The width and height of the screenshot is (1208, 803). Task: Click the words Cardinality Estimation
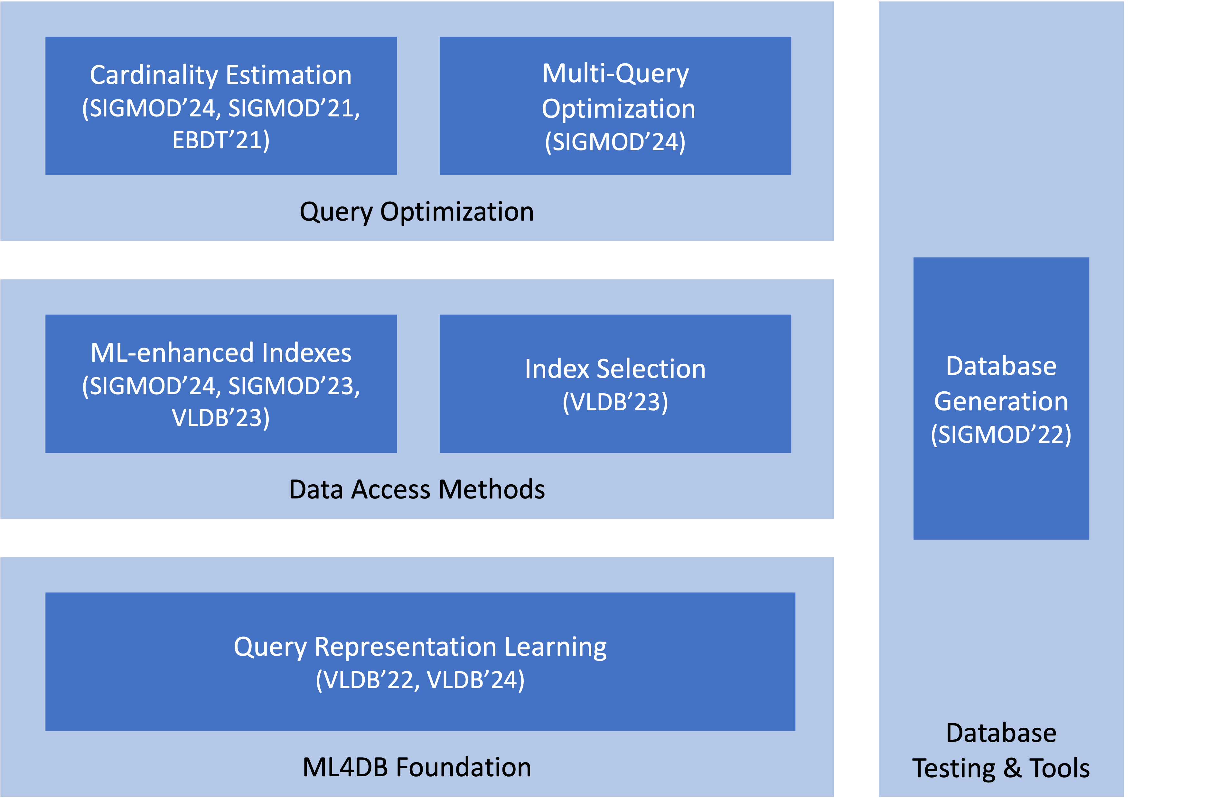(220, 75)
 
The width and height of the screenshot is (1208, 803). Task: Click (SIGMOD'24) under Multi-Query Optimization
(615, 142)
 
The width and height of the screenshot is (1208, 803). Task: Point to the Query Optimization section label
(417, 212)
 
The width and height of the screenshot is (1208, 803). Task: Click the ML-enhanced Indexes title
(221, 353)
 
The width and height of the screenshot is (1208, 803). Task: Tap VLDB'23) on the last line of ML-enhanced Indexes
(221, 418)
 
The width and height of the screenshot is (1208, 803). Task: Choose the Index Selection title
(615, 369)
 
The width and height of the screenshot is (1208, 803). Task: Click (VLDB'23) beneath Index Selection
(615, 402)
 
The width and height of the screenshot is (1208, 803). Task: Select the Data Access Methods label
(417, 489)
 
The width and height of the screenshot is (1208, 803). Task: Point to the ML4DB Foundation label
(417, 767)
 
